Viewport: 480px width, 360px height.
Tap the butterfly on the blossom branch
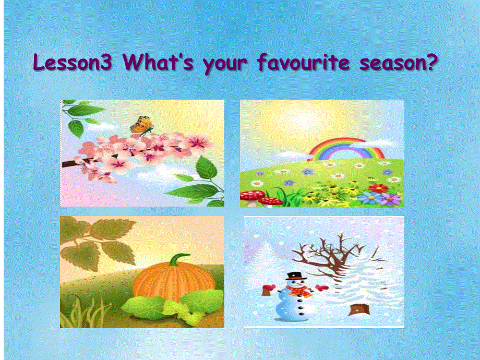pos(141,124)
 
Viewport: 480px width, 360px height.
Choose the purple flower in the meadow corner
pos(391,199)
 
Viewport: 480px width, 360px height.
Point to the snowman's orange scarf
pos(296,291)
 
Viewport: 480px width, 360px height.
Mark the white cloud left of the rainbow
pos(287,154)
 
